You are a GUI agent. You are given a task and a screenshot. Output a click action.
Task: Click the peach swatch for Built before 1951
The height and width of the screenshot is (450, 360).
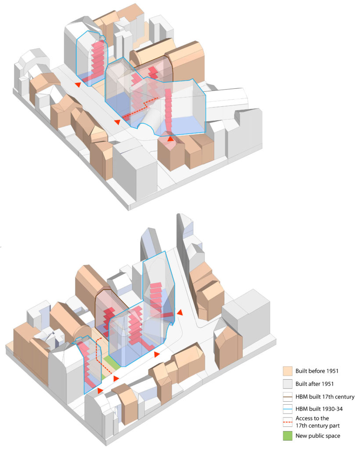pos(288,370)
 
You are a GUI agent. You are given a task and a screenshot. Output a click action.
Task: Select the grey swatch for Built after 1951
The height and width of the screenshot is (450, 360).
pos(288,384)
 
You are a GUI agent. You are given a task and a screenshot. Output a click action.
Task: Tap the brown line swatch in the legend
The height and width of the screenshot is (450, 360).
pos(288,397)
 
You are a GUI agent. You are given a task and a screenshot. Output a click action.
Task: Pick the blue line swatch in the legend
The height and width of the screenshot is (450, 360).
pos(288,409)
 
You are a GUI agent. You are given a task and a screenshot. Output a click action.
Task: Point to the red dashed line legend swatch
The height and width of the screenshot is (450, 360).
pos(288,421)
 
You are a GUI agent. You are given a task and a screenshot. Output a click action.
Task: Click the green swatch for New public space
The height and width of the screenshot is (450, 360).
pos(288,435)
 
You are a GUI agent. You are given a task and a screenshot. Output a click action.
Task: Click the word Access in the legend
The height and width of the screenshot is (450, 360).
pos(306,418)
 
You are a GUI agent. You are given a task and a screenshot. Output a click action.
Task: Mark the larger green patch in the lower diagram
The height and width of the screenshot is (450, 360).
pos(112,363)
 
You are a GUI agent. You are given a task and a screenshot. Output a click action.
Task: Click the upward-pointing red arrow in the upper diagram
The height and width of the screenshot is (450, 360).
pos(170,138)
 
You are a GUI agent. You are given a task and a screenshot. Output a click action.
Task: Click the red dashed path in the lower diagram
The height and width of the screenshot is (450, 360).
pos(97,347)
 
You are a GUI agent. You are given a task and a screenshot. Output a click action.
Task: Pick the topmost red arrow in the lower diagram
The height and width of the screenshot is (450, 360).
pos(179,312)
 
